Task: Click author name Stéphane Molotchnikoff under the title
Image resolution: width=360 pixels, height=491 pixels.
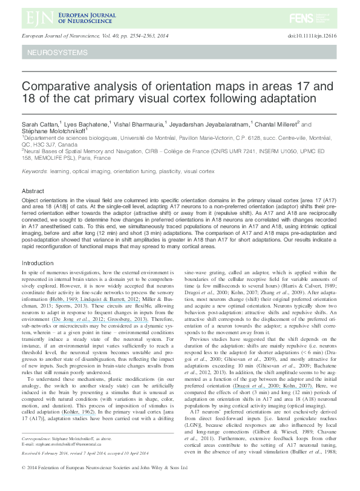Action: [53, 131]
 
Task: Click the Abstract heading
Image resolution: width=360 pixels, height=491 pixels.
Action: [33, 191]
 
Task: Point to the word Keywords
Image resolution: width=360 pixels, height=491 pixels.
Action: [34, 172]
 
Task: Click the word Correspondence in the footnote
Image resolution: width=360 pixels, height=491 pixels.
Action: [40, 453]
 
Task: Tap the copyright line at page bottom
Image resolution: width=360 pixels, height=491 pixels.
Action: [103, 484]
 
